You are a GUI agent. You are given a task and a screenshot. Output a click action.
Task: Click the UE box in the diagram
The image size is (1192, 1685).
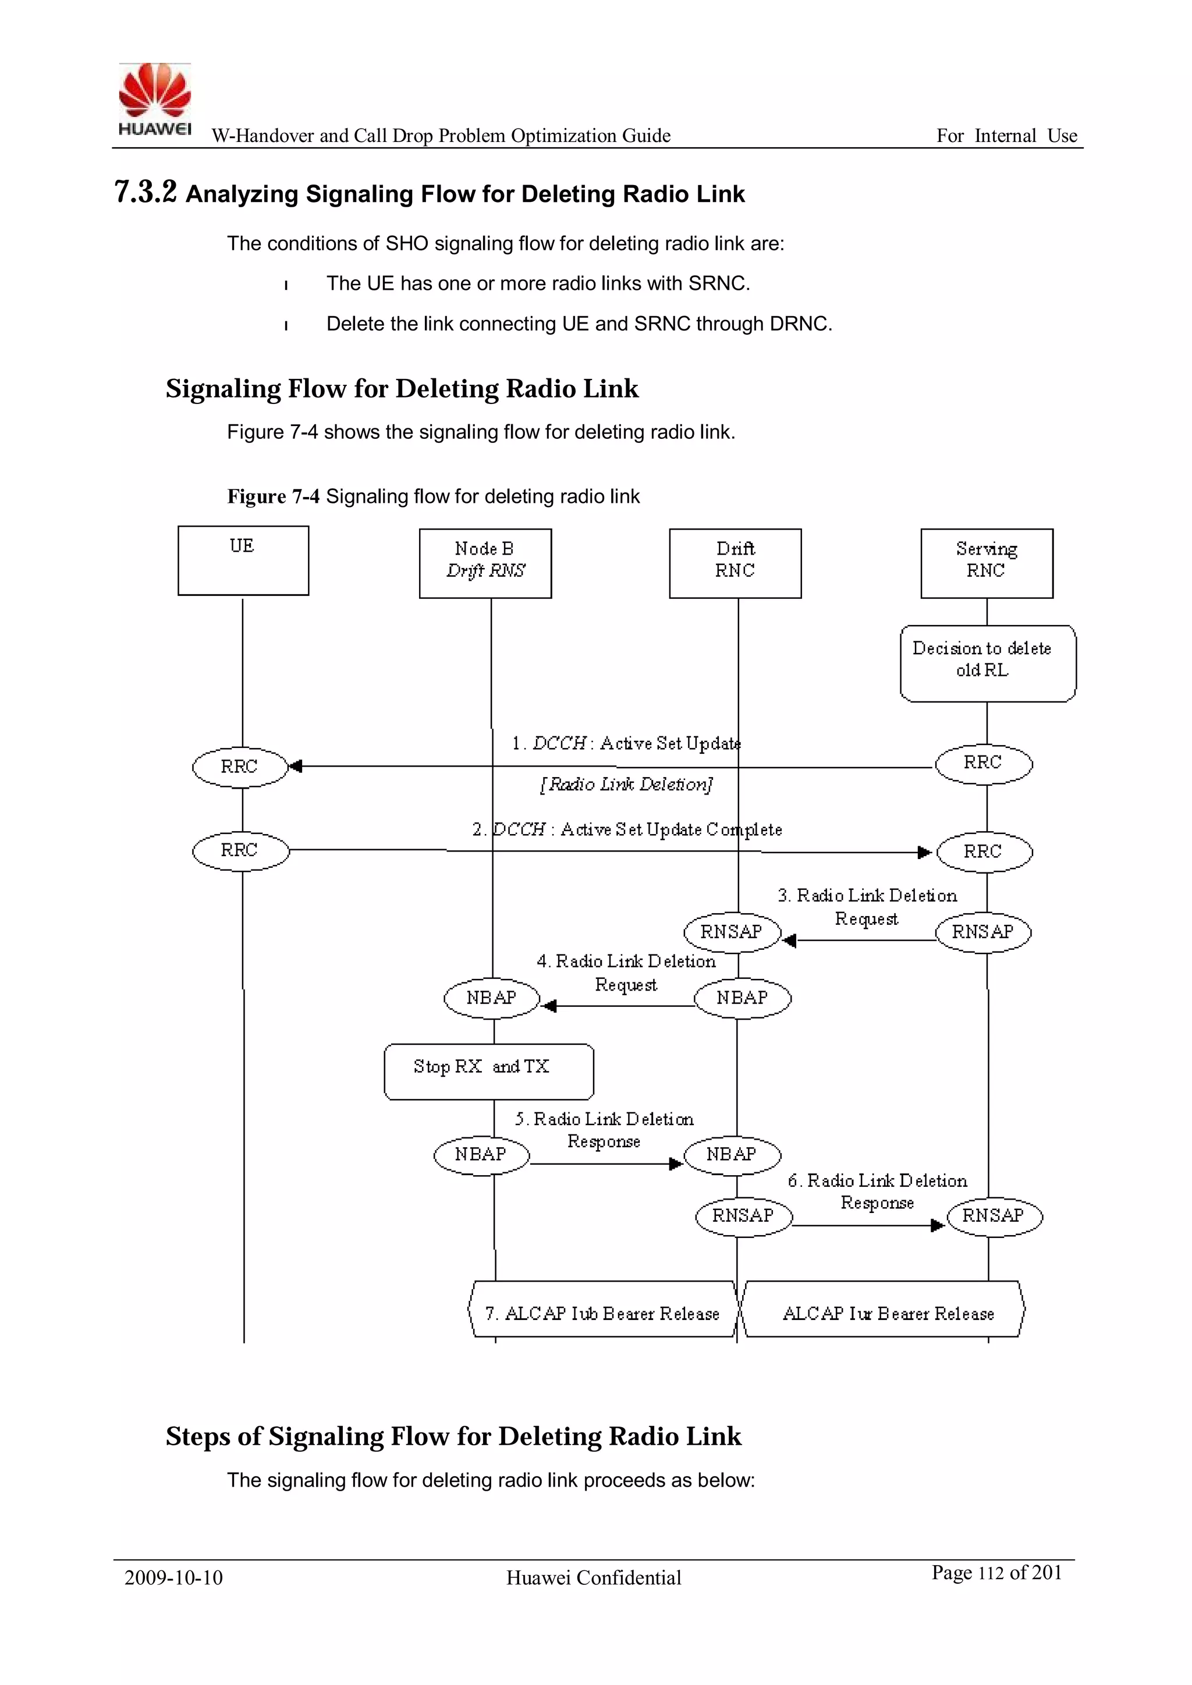[x=243, y=561]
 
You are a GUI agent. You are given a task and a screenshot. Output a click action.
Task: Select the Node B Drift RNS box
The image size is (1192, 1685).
[x=485, y=563]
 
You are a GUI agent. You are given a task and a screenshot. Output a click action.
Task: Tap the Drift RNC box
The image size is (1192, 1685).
[x=735, y=563]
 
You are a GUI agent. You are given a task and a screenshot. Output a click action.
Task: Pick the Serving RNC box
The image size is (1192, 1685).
[x=987, y=563]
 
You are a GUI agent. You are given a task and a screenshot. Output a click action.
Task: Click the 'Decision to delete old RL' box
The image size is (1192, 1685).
[x=987, y=664]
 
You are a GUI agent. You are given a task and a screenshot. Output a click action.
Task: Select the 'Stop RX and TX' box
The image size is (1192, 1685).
[x=489, y=1072]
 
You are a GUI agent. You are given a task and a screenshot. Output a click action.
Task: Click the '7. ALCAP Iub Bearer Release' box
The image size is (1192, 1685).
[x=602, y=1313]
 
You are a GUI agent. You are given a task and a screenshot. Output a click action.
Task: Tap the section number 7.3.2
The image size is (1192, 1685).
[x=146, y=192]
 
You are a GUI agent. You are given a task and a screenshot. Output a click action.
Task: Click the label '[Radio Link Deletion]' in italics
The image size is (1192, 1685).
[x=626, y=785]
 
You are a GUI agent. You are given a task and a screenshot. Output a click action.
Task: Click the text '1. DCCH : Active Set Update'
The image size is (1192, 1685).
[x=626, y=743]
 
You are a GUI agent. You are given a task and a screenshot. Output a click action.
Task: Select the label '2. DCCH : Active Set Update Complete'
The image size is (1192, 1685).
[x=627, y=829]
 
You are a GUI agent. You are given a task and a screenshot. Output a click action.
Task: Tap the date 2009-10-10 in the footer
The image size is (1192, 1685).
[x=173, y=1577]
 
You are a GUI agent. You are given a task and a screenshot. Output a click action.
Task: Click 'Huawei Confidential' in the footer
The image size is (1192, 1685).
[x=593, y=1577]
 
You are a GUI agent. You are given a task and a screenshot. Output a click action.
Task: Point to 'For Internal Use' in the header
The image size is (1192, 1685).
[x=1006, y=136]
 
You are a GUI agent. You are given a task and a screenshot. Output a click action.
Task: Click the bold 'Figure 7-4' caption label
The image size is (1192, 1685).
[x=273, y=497]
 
